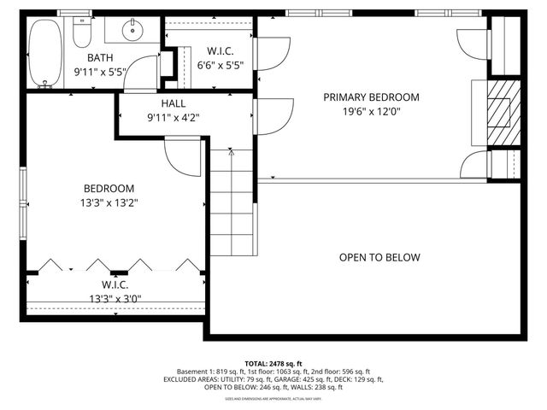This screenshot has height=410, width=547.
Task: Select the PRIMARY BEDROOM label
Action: [x=371, y=97]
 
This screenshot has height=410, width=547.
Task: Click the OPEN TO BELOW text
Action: [x=379, y=257]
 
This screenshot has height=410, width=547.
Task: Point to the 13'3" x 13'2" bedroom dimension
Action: [x=109, y=202]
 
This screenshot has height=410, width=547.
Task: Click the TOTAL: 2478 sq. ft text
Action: [x=273, y=363]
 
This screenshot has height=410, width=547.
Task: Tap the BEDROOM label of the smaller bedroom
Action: [x=109, y=189]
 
